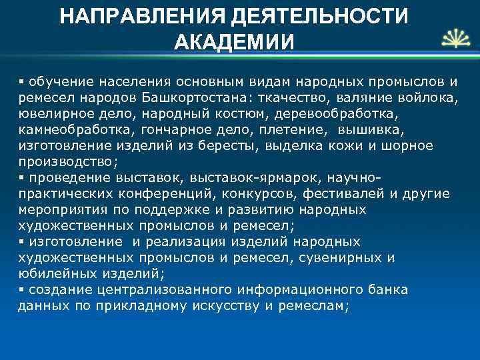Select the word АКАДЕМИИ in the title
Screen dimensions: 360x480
coord(233,42)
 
